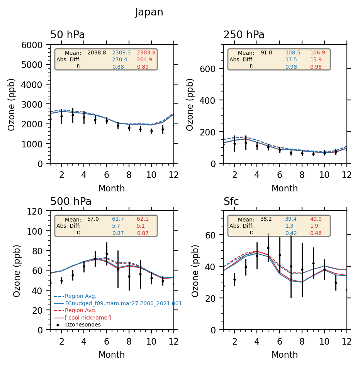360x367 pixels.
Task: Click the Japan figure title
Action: tap(149, 12)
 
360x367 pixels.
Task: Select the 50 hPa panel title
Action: tap(68, 35)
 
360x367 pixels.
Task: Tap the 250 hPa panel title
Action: tap(244, 35)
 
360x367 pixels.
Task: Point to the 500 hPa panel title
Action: tap(71, 202)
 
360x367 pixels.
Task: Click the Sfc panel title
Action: tap(231, 202)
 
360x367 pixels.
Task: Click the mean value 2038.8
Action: tap(97, 52)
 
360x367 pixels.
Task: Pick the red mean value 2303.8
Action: tap(146, 52)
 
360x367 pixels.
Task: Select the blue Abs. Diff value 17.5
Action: tap(291, 59)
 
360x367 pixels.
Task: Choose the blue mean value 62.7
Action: tap(118, 219)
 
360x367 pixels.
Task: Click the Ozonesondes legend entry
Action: tap(83, 325)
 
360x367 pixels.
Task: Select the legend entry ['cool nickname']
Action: tap(88, 318)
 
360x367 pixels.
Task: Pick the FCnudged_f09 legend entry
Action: tap(123, 304)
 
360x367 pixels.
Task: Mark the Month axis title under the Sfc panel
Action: tap(285, 355)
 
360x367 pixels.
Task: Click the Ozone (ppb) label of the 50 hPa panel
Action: tap(12, 104)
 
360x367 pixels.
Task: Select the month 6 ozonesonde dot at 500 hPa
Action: tap(107, 254)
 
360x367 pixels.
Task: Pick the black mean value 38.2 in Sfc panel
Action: tap(266, 219)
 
